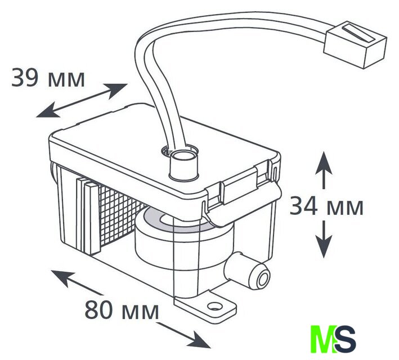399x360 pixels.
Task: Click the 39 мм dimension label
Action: coord(48,77)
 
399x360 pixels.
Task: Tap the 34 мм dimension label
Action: coord(326,206)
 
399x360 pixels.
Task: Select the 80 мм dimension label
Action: coord(122,309)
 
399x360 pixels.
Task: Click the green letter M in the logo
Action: coord(323,339)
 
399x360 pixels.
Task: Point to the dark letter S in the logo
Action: coord(346,339)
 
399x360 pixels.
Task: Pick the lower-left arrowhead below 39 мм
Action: coord(48,111)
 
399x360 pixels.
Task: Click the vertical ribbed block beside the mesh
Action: coord(88,216)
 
